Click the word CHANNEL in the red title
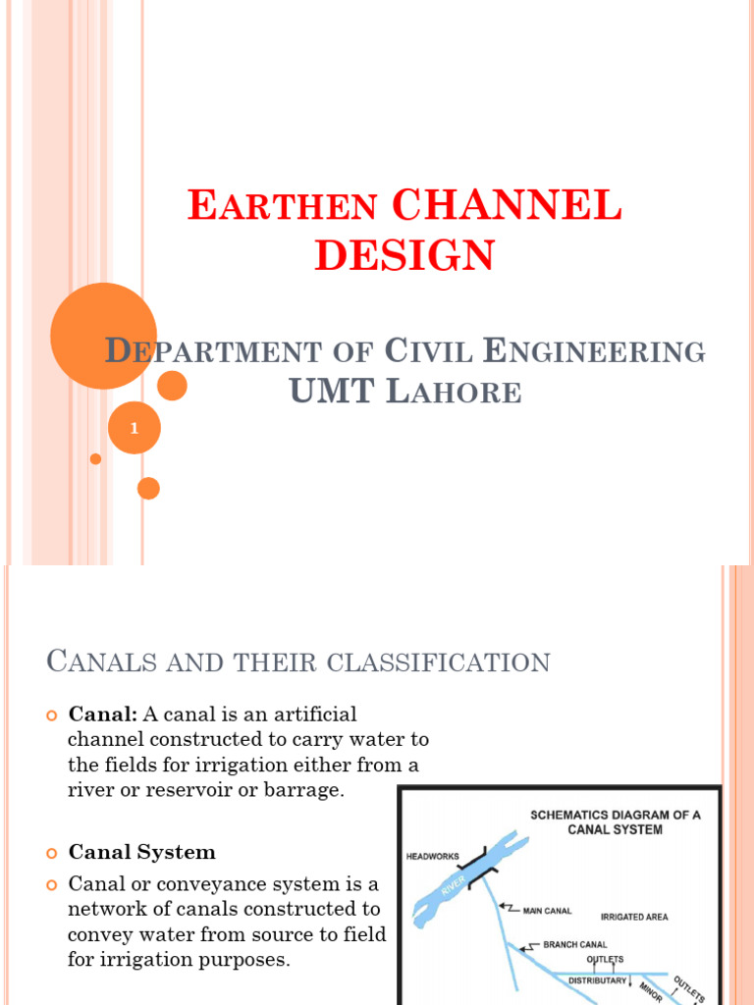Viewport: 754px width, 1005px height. [x=506, y=207]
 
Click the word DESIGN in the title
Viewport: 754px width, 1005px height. [x=404, y=255]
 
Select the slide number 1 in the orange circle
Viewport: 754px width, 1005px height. [x=134, y=429]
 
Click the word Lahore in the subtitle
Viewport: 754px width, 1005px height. [x=453, y=393]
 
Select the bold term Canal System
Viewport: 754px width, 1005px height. [x=141, y=852]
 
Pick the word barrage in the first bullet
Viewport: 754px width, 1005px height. [x=300, y=790]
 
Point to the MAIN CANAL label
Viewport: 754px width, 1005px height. [x=548, y=911]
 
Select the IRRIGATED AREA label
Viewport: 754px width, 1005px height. [x=635, y=917]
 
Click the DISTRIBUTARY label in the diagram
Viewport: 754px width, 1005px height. [x=597, y=979]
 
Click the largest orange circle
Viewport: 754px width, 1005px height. [x=103, y=336]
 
